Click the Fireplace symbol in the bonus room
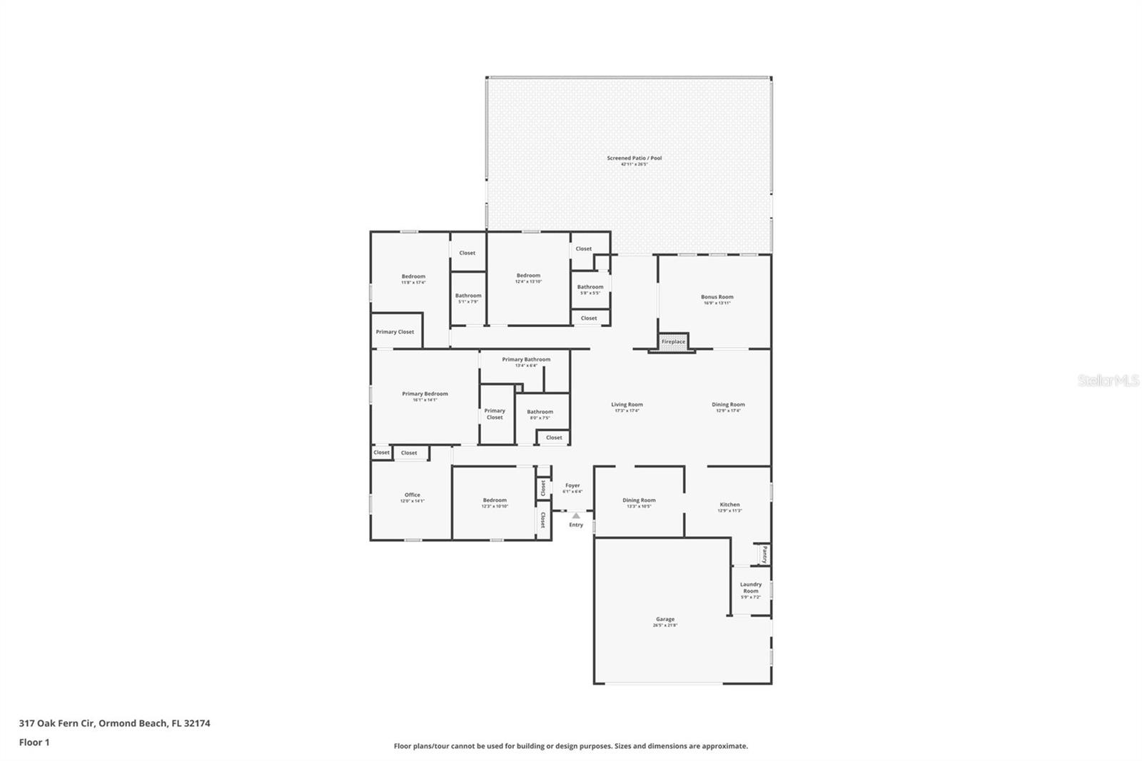[673, 342]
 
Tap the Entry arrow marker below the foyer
[576, 515]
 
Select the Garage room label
[665, 620]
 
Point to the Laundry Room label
[750, 588]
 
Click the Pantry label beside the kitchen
[764, 554]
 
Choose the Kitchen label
[729, 505]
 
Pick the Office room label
[412, 495]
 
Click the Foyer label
[572, 485]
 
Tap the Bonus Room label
[717, 297]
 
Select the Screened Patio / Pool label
[634, 158]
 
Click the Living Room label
[627, 405]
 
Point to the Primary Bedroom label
[425, 394]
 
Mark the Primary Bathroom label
[526, 360]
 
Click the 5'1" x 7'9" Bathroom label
[468, 296]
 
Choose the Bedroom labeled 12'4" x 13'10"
[528, 276]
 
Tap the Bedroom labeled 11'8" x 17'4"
[413, 276]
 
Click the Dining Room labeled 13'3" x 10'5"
[639, 500]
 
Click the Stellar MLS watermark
[1108, 381]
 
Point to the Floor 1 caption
[34, 742]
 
